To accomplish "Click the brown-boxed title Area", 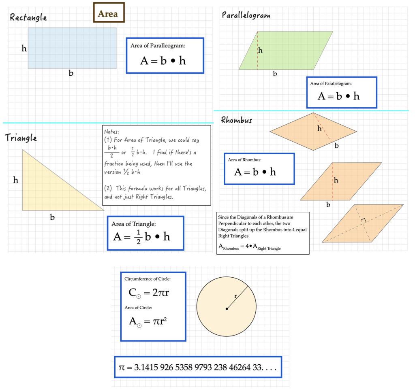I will click(109, 14).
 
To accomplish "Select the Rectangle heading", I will click(28, 17).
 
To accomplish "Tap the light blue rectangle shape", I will click(72, 48).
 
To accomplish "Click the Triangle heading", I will click(21, 138).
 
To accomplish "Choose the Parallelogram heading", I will click(246, 15).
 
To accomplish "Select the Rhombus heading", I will click(236, 120).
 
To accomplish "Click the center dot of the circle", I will click(227, 309).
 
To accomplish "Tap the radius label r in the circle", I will click(235, 296).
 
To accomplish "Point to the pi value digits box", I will click(198, 368).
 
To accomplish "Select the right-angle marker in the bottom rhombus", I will click(364, 221).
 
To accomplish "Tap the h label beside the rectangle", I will click(24, 49).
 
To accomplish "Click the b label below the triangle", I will click(52, 217).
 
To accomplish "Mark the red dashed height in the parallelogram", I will click(257, 50).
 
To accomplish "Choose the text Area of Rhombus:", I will click(245, 160).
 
